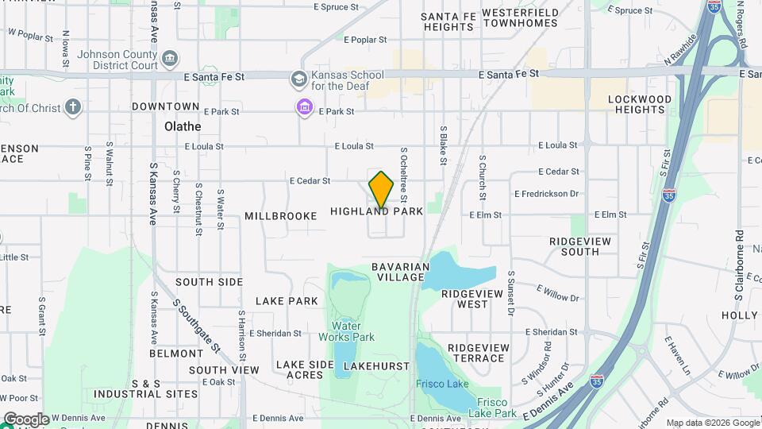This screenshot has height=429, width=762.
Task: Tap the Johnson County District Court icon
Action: [x=169, y=59]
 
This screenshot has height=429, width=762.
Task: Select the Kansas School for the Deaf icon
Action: [x=298, y=79]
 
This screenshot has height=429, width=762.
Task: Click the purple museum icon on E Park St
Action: [x=304, y=107]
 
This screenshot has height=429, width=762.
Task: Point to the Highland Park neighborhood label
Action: [x=376, y=212]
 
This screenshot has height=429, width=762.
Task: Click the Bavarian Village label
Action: [x=401, y=272]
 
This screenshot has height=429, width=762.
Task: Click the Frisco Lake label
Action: [x=442, y=385]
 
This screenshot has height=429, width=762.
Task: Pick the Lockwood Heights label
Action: [x=639, y=104]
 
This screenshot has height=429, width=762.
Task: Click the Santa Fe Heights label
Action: [x=448, y=21]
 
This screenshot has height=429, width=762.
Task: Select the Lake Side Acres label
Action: [x=305, y=369]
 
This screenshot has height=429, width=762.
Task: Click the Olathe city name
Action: [x=183, y=126]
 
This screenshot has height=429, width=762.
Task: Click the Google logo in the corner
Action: [x=26, y=419]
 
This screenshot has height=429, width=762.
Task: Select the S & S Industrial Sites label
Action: [x=145, y=388]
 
